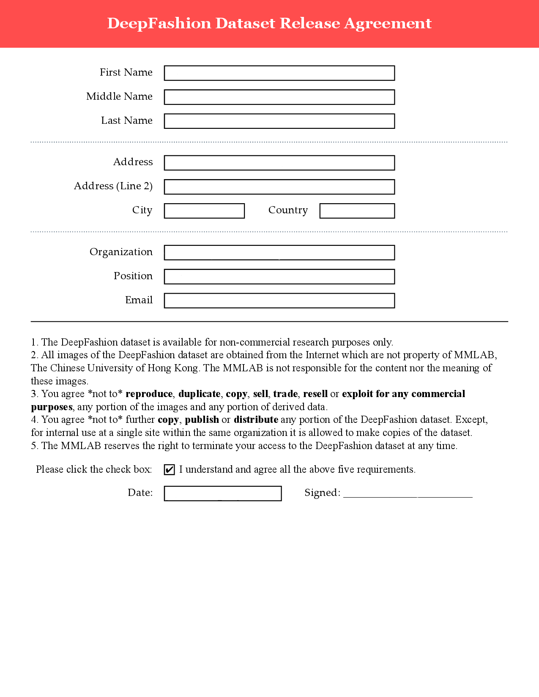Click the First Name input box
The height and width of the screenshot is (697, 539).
(x=279, y=73)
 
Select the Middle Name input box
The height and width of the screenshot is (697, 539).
(x=279, y=97)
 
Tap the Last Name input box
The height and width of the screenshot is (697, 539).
(x=279, y=121)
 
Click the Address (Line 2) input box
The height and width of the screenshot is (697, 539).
(x=279, y=187)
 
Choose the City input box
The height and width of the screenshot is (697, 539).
(x=204, y=211)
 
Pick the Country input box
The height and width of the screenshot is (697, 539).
(x=357, y=211)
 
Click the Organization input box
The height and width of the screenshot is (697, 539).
(x=279, y=253)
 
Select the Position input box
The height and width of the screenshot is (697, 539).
(x=279, y=277)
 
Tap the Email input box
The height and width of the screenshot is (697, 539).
(x=279, y=301)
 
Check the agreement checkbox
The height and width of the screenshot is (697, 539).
(x=170, y=470)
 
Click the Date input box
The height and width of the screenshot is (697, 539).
(x=223, y=493)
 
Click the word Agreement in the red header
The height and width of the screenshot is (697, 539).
(x=388, y=23)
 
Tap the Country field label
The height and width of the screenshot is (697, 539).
(x=288, y=210)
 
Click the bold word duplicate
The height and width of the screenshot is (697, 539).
(x=199, y=394)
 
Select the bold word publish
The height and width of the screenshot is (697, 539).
(x=202, y=420)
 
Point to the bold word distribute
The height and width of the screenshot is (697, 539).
(x=256, y=420)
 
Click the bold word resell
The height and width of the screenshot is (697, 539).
(x=315, y=394)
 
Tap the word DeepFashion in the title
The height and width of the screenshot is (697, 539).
(x=159, y=23)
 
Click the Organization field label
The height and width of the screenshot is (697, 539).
(x=121, y=252)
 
